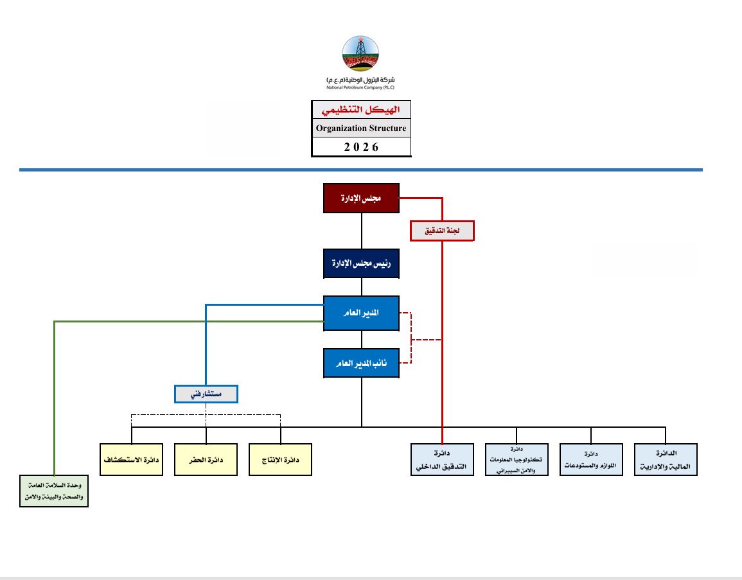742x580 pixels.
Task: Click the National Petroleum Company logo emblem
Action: (360, 55)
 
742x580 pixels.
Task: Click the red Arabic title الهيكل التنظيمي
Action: (361, 110)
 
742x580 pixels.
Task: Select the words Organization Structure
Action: (361, 128)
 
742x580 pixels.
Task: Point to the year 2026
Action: (361, 147)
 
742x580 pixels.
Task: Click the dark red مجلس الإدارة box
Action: (361, 198)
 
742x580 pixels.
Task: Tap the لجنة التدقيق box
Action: (442, 231)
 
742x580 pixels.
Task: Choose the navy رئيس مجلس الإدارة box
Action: (361, 263)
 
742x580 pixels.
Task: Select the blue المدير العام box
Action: (361, 313)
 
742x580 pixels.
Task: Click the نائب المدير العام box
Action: (361, 363)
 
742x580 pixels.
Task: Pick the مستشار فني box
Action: (206, 394)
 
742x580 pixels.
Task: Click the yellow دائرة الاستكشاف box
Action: (132, 460)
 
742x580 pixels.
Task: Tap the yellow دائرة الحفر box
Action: (206, 460)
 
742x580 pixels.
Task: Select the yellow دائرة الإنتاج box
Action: (281, 460)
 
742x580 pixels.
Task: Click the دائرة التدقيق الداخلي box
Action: (442, 460)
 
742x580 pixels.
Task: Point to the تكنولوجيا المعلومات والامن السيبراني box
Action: (517, 460)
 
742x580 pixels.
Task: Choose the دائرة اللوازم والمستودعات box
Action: (591, 460)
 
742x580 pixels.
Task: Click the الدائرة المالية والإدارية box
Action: (666, 460)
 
